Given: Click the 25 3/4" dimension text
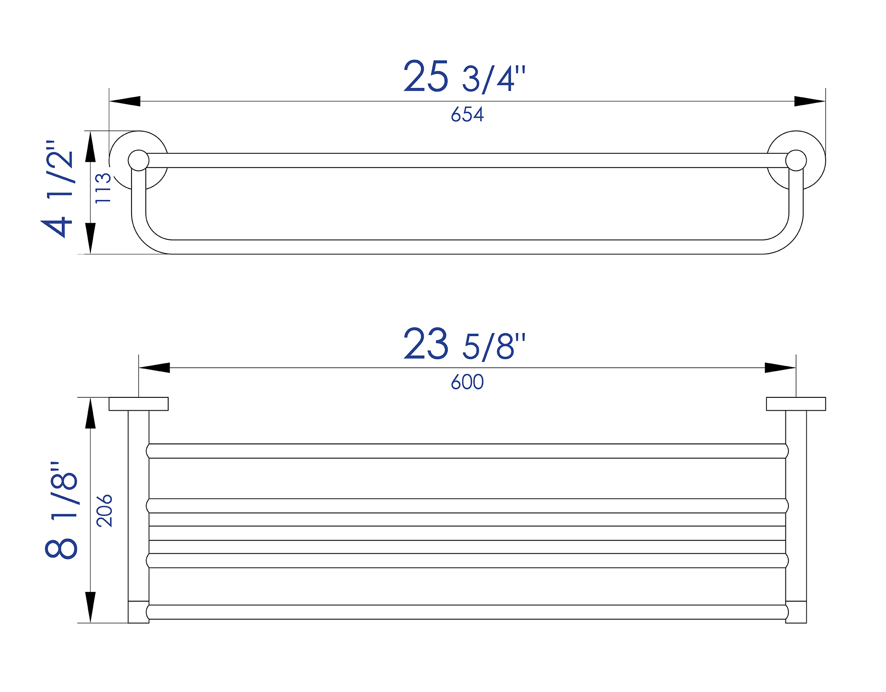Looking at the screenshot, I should tap(464, 77).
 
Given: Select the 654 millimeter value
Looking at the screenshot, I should tap(467, 114).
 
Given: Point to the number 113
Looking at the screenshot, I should tap(103, 188).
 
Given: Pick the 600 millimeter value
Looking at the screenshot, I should tap(467, 382).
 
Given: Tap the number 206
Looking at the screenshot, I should tap(105, 510).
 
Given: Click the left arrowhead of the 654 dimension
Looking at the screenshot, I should tap(125, 101).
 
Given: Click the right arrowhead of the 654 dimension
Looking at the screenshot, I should tap(810, 101).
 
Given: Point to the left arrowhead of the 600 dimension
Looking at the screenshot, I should tap(154, 368).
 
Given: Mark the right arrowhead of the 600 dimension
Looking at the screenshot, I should tap(780, 368).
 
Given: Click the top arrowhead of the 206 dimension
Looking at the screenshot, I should tap(90, 413).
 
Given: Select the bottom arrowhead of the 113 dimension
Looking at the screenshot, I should tap(90, 238).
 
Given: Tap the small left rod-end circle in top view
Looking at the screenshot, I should tap(139, 160).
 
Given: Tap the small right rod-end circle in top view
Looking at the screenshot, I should tap(796, 160).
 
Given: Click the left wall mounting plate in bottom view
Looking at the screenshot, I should tap(139, 404).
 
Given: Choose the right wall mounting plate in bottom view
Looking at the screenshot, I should tap(796, 404).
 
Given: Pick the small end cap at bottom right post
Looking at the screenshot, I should tap(796, 612).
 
